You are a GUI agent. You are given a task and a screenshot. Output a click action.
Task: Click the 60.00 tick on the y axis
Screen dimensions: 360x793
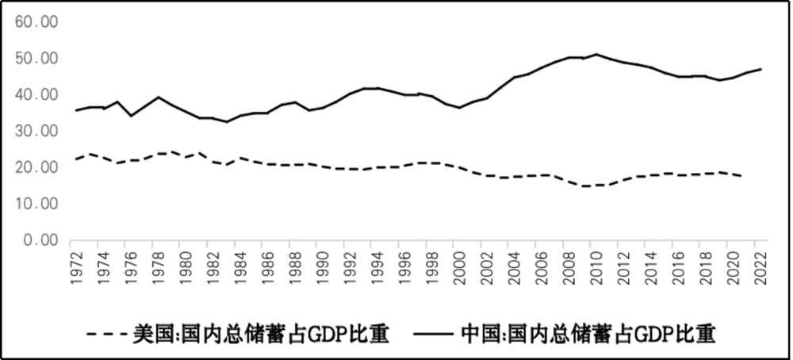pos(37,21)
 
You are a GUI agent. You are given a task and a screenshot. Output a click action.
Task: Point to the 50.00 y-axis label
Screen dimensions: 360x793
pos(37,58)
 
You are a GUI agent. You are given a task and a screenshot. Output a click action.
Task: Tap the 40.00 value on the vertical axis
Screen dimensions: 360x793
pos(37,94)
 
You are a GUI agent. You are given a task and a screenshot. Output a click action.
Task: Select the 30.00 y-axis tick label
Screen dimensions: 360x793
pos(37,131)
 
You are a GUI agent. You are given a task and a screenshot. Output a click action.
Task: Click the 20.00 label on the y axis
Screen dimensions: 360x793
pos(37,167)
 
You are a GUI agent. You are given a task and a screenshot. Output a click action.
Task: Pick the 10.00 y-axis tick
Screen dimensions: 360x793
pos(37,204)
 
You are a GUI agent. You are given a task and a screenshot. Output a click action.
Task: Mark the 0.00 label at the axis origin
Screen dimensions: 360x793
pos(41,240)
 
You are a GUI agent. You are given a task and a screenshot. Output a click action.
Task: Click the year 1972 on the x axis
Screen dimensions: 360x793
pos(77,265)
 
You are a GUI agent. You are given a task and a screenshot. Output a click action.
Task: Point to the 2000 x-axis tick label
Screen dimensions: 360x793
pos(460,265)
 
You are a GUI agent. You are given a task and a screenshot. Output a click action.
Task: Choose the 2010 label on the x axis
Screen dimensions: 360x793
pos(596,265)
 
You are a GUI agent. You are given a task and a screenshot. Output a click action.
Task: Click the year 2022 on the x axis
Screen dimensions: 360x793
pos(760,265)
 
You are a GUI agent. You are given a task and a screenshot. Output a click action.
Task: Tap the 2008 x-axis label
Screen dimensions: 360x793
pos(569,265)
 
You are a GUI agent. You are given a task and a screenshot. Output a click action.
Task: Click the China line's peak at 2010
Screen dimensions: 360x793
pos(596,55)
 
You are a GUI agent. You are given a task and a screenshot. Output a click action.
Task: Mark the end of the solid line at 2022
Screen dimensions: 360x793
pos(760,69)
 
